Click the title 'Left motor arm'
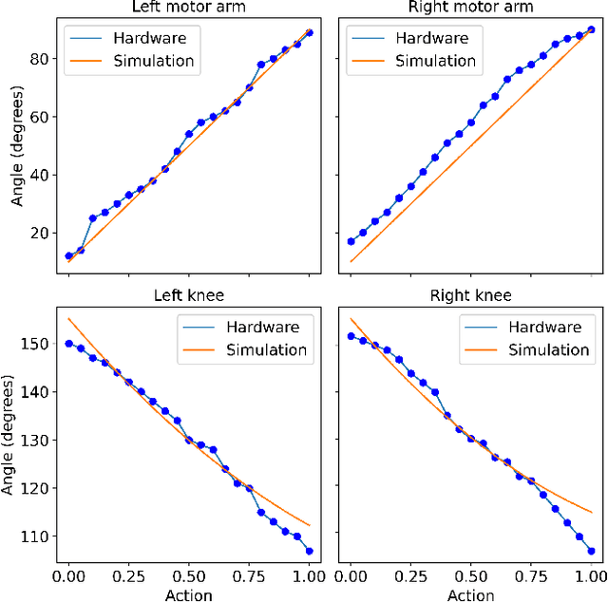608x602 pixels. (x=188, y=9)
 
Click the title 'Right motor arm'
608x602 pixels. (x=471, y=9)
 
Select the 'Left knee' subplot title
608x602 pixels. (x=188, y=296)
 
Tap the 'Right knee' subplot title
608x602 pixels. (x=471, y=296)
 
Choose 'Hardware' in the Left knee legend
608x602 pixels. (x=262, y=327)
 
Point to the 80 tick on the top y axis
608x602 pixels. (x=42, y=59)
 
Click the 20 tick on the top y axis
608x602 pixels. (x=42, y=234)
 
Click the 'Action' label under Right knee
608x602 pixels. (x=471, y=594)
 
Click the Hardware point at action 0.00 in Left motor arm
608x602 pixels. (x=68, y=256)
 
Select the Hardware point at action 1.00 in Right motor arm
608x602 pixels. (x=591, y=29)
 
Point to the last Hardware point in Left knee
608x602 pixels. (x=309, y=551)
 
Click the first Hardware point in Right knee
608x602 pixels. (x=351, y=336)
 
